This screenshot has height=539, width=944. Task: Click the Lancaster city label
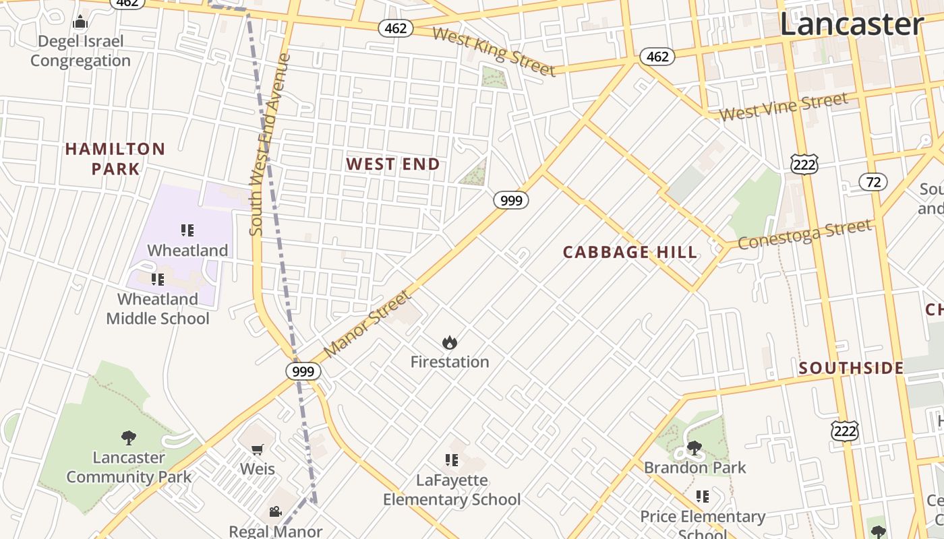[851, 24]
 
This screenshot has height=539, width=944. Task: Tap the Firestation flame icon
[449, 343]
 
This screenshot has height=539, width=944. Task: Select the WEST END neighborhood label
[393, 164]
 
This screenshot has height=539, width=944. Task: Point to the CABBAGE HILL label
[630, 253]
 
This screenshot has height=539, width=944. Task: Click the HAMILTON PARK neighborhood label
[115, 158]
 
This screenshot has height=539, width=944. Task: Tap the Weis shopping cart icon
[257, 449]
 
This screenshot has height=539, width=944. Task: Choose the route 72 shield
[873, 182]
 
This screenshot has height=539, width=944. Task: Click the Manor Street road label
[367, 324]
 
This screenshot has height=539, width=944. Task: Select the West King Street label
[494, 52]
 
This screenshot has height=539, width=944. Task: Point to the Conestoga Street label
[804, 234]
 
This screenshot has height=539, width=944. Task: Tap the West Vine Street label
[783, 108]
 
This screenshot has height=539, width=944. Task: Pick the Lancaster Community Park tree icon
[128, 438]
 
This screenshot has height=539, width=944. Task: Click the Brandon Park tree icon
[694, 448]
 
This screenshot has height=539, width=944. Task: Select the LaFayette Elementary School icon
[451, 460]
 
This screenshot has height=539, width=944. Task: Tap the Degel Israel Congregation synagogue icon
[80, 22]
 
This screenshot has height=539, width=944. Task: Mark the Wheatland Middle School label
[158, 309]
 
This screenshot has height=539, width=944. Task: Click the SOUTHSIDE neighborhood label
[851, 368]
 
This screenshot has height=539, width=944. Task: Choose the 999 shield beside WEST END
[510, 200]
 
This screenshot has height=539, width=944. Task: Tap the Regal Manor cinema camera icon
[275, 511]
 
